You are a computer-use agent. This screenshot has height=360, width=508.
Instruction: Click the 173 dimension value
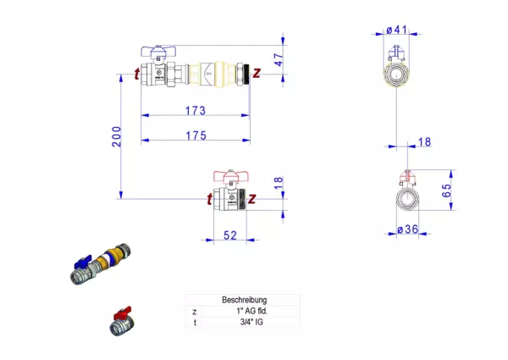click(195, 110)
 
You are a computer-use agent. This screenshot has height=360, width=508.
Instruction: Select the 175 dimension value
click(195, 134)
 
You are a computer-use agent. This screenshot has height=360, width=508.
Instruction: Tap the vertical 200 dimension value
click(116, 136)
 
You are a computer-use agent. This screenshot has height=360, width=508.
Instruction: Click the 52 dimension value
click(229, 235)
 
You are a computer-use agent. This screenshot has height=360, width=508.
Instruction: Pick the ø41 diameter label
click(397, 30)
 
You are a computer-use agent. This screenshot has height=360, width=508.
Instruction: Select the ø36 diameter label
click(408, 229)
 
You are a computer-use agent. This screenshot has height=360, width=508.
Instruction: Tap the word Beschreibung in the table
click(244, 300)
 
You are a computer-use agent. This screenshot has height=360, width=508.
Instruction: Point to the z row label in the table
click(194, 311)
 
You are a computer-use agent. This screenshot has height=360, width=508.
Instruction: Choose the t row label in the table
click(194, 322)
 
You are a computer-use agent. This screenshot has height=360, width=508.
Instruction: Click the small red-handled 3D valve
click(121, 322)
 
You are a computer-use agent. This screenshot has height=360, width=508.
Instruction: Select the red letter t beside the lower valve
click(208, 200)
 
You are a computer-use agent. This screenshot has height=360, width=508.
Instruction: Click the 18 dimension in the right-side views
click(423, 142)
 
